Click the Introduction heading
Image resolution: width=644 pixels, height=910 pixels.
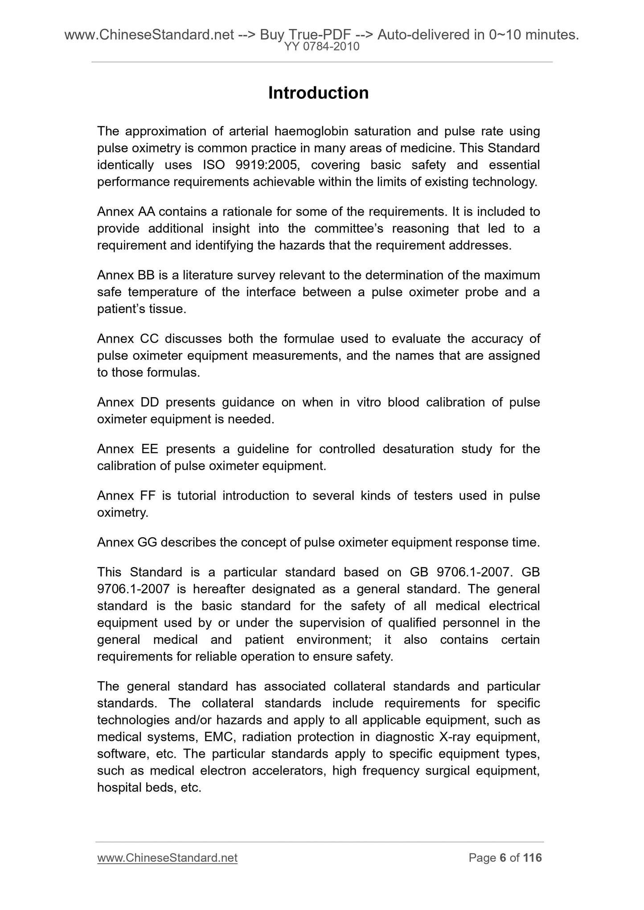(x=318, y=93)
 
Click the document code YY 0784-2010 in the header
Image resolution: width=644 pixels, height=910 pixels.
(x=321, y=46)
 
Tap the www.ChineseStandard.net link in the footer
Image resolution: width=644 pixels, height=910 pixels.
(x=167, y=857)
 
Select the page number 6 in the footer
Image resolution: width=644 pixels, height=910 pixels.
(x=503, y=857)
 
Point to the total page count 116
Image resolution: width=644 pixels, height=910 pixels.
(x=532, y=857)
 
